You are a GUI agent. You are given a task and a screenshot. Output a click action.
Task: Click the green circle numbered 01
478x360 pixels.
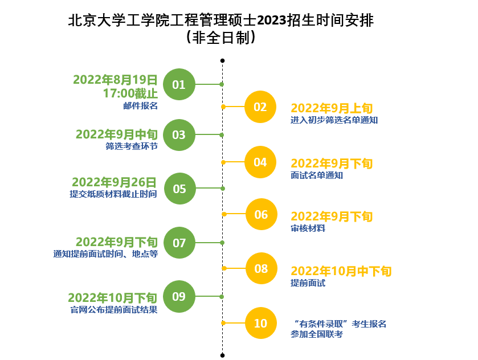(x=179, y=84)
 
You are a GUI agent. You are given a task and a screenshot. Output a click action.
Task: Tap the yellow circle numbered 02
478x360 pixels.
(x=260, y=107)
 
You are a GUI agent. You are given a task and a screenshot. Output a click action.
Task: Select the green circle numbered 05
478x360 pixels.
(x=179, y=189)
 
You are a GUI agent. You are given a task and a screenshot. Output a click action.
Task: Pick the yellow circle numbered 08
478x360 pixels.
(x=261, y=268)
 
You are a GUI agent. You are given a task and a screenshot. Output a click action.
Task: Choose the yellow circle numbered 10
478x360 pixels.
(x=260, y=324)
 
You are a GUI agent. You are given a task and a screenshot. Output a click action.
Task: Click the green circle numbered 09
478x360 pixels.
(x=179, y=296)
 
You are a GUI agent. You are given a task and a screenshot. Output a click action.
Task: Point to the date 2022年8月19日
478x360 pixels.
(x=115, y=79)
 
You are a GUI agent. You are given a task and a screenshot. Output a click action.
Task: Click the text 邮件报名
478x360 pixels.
(x=140, y=105)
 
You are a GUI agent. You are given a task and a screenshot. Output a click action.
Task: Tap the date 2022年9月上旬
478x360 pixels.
(x=332, y=108)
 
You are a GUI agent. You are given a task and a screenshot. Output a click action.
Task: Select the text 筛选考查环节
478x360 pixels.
(x=131, y=146)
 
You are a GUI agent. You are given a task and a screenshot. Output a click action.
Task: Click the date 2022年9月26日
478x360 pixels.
(x=114, y=182)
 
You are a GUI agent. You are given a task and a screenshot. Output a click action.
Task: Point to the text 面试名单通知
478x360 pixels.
(x=317, y=175)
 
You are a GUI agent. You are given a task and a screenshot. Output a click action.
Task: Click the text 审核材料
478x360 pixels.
(x=308, y=228)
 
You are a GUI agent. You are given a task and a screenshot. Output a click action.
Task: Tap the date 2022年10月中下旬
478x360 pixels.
(x=341, y=271)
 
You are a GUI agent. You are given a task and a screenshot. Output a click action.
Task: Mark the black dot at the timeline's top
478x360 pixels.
(x=222, y=60)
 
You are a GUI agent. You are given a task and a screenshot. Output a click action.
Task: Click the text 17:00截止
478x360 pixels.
(x=130, y=93)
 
